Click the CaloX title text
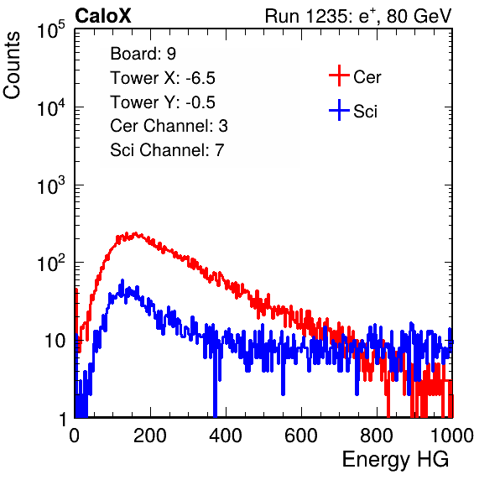click(x=103, y=16)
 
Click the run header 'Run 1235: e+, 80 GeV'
click(x=358, y=16)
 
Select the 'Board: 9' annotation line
click(x=143, y=54)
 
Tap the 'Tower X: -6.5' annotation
click(x=163, y=78)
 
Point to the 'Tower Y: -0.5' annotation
click(x=163, y=102)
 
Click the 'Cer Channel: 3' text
click(x=169, y=126)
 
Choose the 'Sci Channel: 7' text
click(x=167, y=150)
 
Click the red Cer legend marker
click(x=339, y=76)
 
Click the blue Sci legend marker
click(x=339, y=111)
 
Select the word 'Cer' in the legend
click(x=367, y=77)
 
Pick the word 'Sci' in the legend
click(x=365, y=112)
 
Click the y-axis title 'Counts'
click(x=12, y=65)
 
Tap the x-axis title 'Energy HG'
click(x=395, y=459)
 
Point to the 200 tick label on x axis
click(x=150, y=435)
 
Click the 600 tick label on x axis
click(x=301, y=435)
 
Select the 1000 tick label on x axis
click(x=451, y=435)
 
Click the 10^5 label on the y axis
click(x=51, y=30)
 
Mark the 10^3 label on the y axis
click(x=51, y=185)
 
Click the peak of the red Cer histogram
click(x=136, y=233)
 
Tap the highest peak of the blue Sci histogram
click(x=122, y=280)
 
